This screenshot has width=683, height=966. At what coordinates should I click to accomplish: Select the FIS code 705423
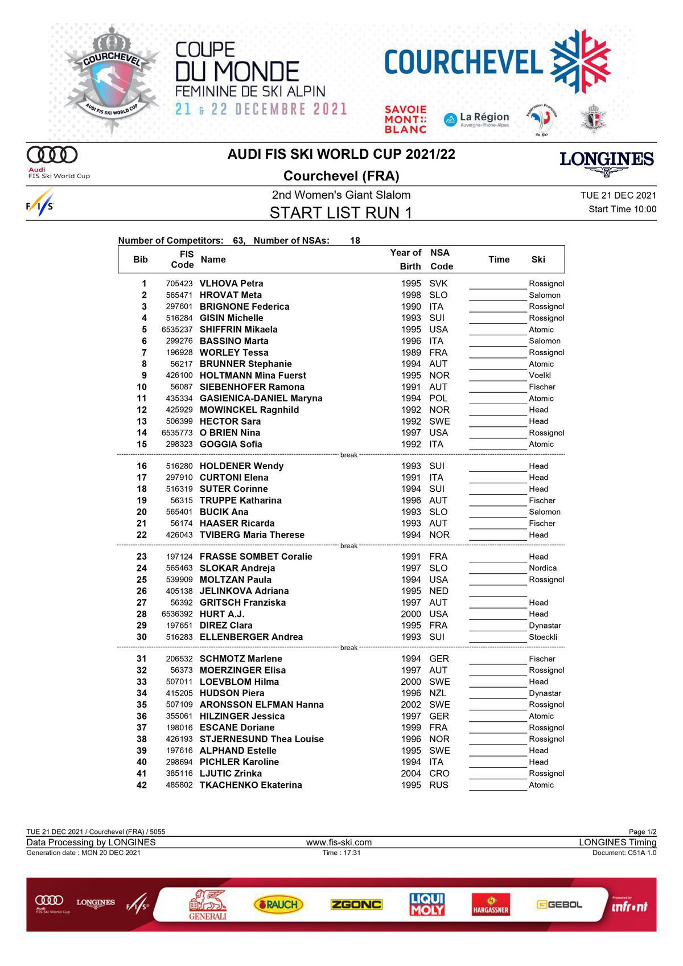pyautogui.click(x=179, y=283)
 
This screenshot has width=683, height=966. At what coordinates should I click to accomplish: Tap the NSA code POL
pyautogui.click(x=438, y=398)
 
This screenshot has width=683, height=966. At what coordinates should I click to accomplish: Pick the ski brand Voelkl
pyautogui.click(x=540, y=376)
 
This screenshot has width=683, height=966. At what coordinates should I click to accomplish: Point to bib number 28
pyautogui.click(x=141, y=614)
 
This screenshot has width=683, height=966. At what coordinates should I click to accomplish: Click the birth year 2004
pyautogui.click(x=411, y=774)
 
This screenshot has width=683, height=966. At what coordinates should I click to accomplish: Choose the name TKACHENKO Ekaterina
pyautogui.click(x=250, y=785)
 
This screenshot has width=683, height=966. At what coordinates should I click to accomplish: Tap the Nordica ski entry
pyautogui.click(x=542, y=568)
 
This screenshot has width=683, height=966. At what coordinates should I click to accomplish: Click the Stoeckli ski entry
pyautogui.click(x=542, y=637)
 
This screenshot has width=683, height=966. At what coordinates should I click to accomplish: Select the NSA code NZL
pyautogui.click(x=438, y=693)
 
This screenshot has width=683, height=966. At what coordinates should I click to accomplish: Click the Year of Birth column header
pyautogui.click(x=406, y=260)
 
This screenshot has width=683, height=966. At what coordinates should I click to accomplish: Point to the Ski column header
pyautogui.click(x=538, y=260)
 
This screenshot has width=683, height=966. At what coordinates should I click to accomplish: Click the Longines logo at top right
pyautogui.click(x=607, y=162)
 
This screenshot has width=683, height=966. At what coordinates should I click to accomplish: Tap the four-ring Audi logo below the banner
pyautogui.click(x=52, y=155)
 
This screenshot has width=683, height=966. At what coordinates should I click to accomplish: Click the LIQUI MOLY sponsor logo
pyautogui.click(x=427, y=904)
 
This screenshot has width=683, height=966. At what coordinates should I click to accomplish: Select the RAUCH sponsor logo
pyautogui.click(x=278, y=904)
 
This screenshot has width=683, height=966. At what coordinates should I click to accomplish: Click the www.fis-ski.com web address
pyautogui.click(x=339, y=842)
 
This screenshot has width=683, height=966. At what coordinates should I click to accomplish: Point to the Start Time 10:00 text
pyautogui.click(x=622, y=209)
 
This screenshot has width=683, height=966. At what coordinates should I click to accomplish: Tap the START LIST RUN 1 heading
pyautogui.click(x=340, y=213)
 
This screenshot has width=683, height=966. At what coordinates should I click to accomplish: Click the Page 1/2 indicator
pyautogui.click(x=642, y=832)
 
